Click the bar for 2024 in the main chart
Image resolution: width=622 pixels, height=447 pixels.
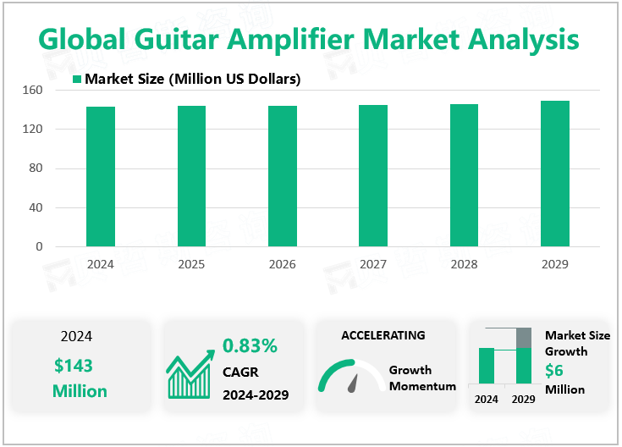click(101, 177)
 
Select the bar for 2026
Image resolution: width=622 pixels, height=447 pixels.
click(283, 176)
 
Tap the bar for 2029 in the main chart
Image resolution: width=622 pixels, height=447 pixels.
click(555, 174)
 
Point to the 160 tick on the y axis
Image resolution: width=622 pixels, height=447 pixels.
click(32, 90)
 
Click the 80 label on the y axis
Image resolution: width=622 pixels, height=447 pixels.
click(36, 168)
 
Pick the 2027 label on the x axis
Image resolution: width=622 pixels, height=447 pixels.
click(373, 264)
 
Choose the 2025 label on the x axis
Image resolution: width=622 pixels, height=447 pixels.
click(191, 264)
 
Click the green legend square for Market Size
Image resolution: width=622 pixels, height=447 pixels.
click(77, 79)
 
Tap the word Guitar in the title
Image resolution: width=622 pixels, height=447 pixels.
click(177, 39)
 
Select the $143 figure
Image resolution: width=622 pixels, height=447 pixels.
click(74, 366)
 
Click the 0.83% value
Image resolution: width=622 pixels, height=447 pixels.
click(250, 345)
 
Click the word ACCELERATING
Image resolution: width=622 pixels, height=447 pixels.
click(383, 335)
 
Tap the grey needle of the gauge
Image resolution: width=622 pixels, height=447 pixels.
click(353, 384)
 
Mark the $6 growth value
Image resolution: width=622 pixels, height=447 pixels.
click(554, 370)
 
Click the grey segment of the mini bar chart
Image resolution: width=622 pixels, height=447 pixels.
click(524, 338)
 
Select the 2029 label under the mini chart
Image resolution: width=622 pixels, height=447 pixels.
click(523, 399)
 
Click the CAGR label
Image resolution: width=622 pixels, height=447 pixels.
click(240, 372)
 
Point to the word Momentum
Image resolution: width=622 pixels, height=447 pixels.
click(422, 386)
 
